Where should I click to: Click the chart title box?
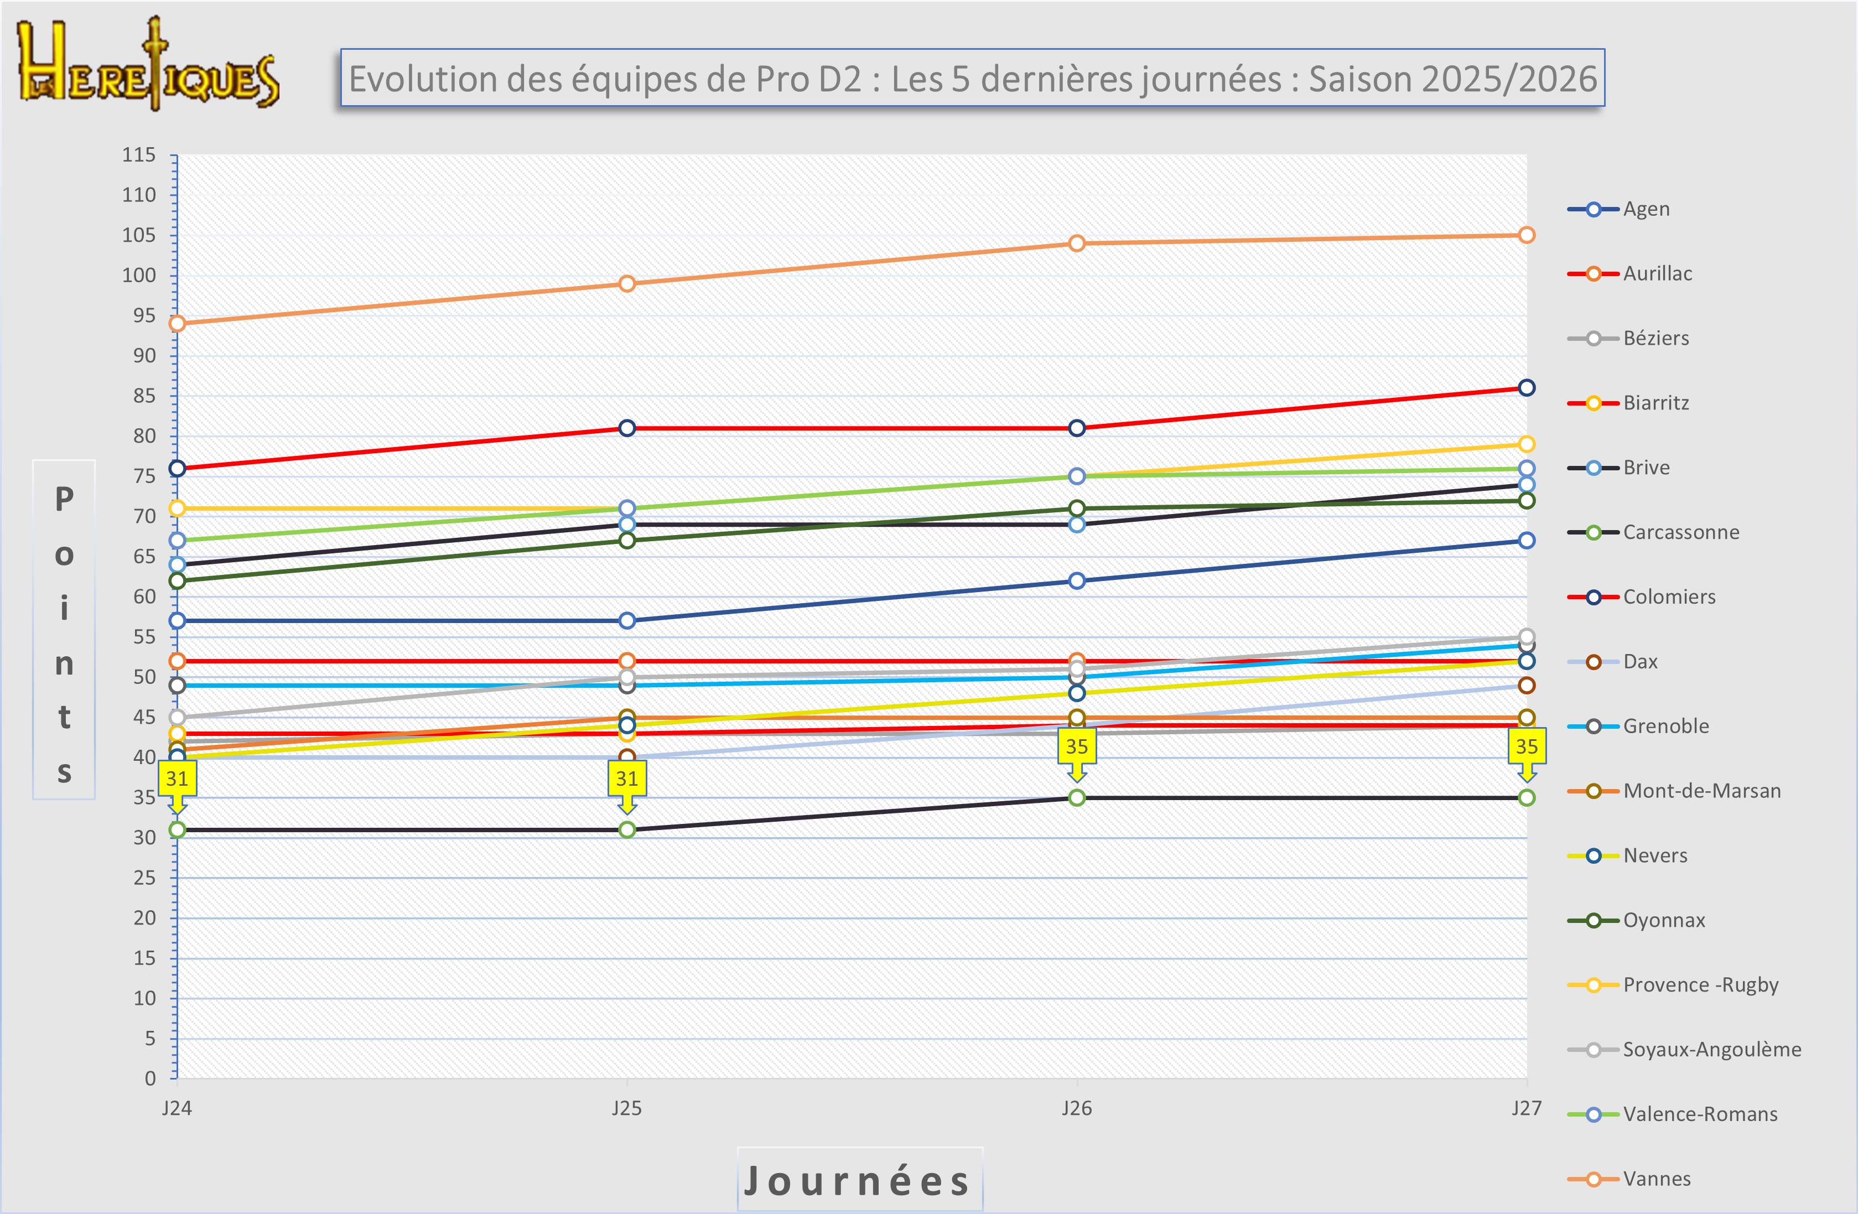(x=972, y=78)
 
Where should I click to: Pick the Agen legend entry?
(x=1646, y=209)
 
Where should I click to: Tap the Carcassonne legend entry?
(x=1680, y=532)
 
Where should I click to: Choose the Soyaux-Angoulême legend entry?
(x=1711, y=1049)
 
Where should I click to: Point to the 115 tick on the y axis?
(x=139, y=154)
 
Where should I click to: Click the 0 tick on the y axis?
(x=150, y=1078)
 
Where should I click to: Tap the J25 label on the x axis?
(x=627, y=1108)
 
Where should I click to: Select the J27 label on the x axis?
(x=1526, y=1108)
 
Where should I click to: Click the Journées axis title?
(x=859, y=1180)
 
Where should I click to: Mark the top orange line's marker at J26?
(x=1077, y=243)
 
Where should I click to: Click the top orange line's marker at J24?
(x=177, y=323)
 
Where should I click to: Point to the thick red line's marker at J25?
(x=627, y=428)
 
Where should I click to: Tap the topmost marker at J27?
(x=1526, y=235)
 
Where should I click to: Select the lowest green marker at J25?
(x=627, y=830)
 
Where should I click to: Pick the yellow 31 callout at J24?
(x=177, y=779)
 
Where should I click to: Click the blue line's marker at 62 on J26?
(x=1077, y=581)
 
